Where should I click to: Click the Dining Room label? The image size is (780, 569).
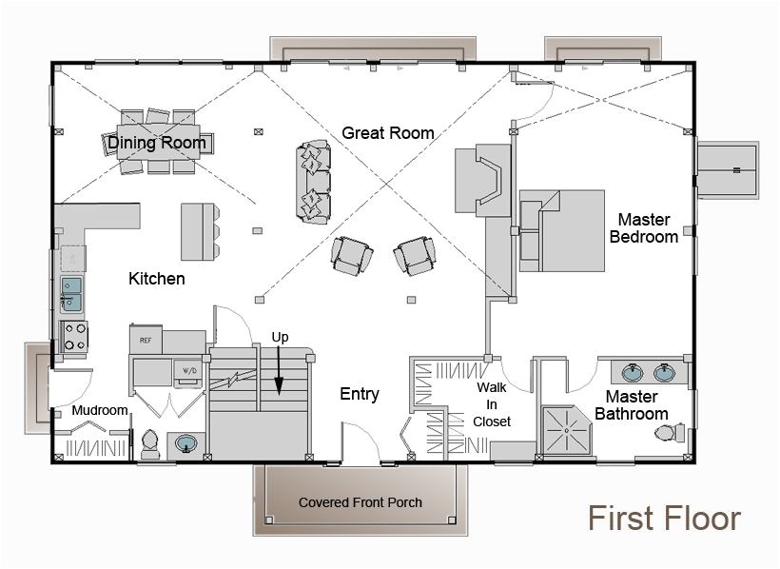pyautogui.click(x=157, y=143)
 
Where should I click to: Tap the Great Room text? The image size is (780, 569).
pyautogui.click(x=388, y=133)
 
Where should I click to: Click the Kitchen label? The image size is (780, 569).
pyautogui.click(x=157, y=279)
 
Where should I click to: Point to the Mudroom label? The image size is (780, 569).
pyautogui.click(x=100, y=410)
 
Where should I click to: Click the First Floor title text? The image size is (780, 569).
pyautogui.click(x=663, y=519)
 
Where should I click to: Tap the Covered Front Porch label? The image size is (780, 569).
pyautogui.click(x=360, y=502)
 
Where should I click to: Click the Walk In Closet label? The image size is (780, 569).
pyautogui.click(x=493, y=404)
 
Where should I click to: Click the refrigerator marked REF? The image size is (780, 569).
pyautogui.click(x=146, y=339)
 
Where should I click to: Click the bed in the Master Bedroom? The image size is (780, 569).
pyautogui.click(x=563, y=230)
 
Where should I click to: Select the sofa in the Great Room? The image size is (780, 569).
pyautogui.click(x=314, y=183)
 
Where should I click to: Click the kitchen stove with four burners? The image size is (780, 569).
pyautogui.click(x=74, y=336)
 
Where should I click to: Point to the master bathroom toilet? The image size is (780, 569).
pyautogui.click(x=669, y=433)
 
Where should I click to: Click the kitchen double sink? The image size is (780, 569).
pyautogui.click(x=72, y=294)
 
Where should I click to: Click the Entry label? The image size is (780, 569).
pyautogui.click(x=360, y=394)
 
